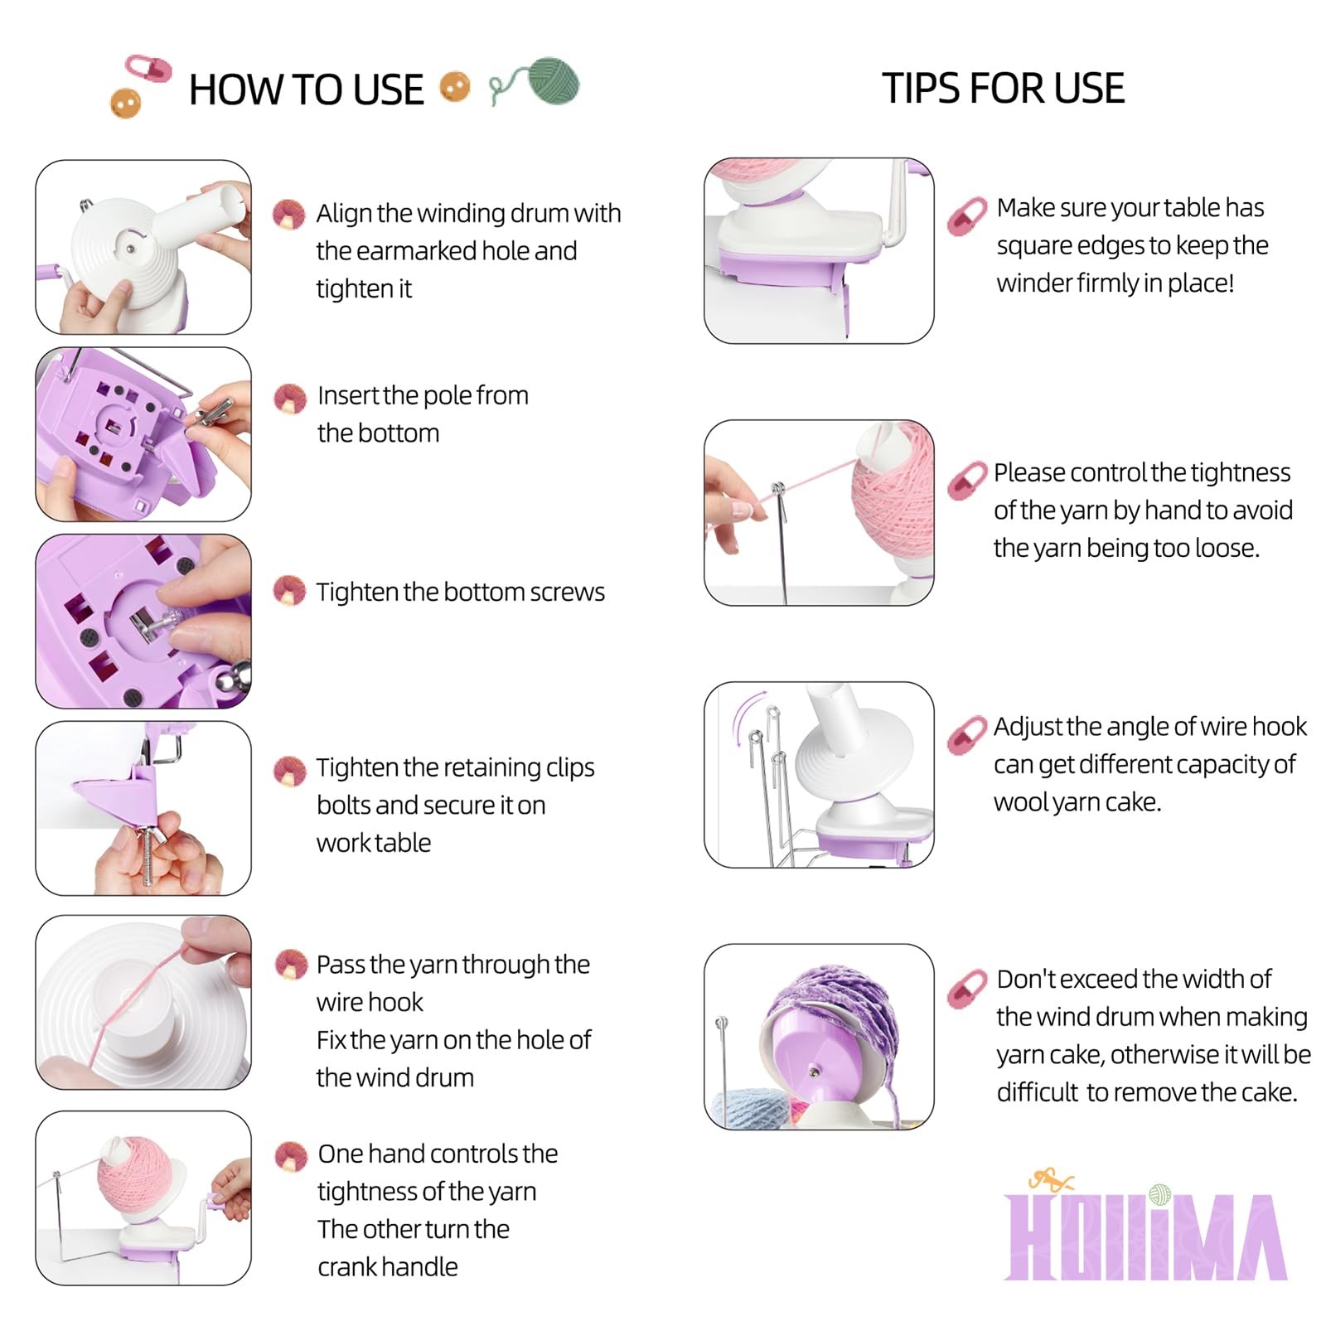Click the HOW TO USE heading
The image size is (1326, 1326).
click(x=306, y=90)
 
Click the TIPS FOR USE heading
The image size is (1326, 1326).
click(x=1003, y=88)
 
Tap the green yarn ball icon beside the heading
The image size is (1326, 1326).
click(x=553, y=81)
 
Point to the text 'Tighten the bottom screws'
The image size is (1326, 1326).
click(x=460, y=592)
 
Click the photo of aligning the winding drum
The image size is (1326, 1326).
click(x=143, y=247)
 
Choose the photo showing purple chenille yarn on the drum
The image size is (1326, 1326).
click(x=819, y=1036)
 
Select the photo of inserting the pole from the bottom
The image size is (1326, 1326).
click(x=143, y=434)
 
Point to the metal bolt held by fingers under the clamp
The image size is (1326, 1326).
click(x=148, y=855)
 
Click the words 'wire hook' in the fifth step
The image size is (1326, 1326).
click(x=370, y=1002)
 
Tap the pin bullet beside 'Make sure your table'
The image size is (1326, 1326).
click(x=967, y=215)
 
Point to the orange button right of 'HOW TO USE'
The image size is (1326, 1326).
click(x=454, y=86)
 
